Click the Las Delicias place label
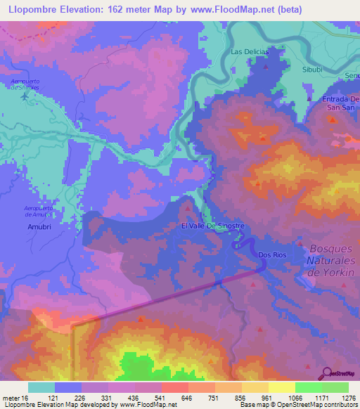pos(250,52)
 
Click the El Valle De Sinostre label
pos(212,226)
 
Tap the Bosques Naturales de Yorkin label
pos(334,259)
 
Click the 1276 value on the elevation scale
pos(347,397)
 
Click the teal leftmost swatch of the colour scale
pos(41,387)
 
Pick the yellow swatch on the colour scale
pos(282,387)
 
